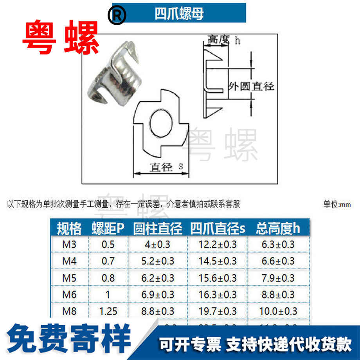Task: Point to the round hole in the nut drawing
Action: [x=160, y=124]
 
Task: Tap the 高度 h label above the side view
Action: [x=223, y=40]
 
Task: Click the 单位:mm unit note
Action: [x=337, y=205]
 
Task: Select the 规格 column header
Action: [x=69, y=228]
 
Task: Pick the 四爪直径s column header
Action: [x=218, y=228]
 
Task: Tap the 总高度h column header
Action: [x=277, y=228]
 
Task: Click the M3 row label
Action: [x=70, y=245]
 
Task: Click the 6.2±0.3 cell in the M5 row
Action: [x=158, y=278]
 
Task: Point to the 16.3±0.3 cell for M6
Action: [x=218, y=294]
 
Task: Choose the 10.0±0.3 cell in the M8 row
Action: [x=277, y=311]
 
